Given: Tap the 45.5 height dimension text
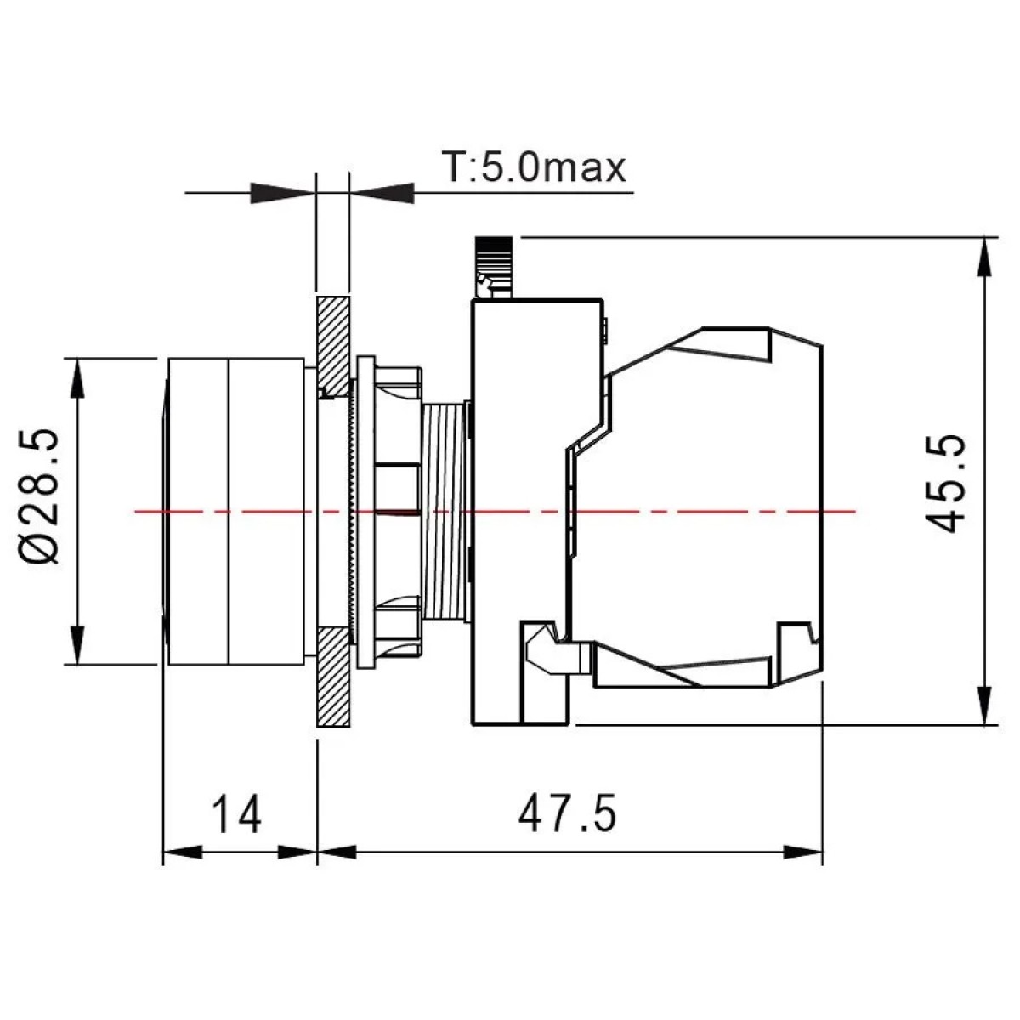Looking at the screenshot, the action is click(946, 484).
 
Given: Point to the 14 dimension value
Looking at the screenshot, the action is click(236, 814).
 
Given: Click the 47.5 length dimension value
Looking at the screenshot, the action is click(568, 813).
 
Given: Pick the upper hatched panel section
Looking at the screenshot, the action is click(333, 347).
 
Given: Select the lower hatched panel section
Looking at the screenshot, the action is click(333, 677).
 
